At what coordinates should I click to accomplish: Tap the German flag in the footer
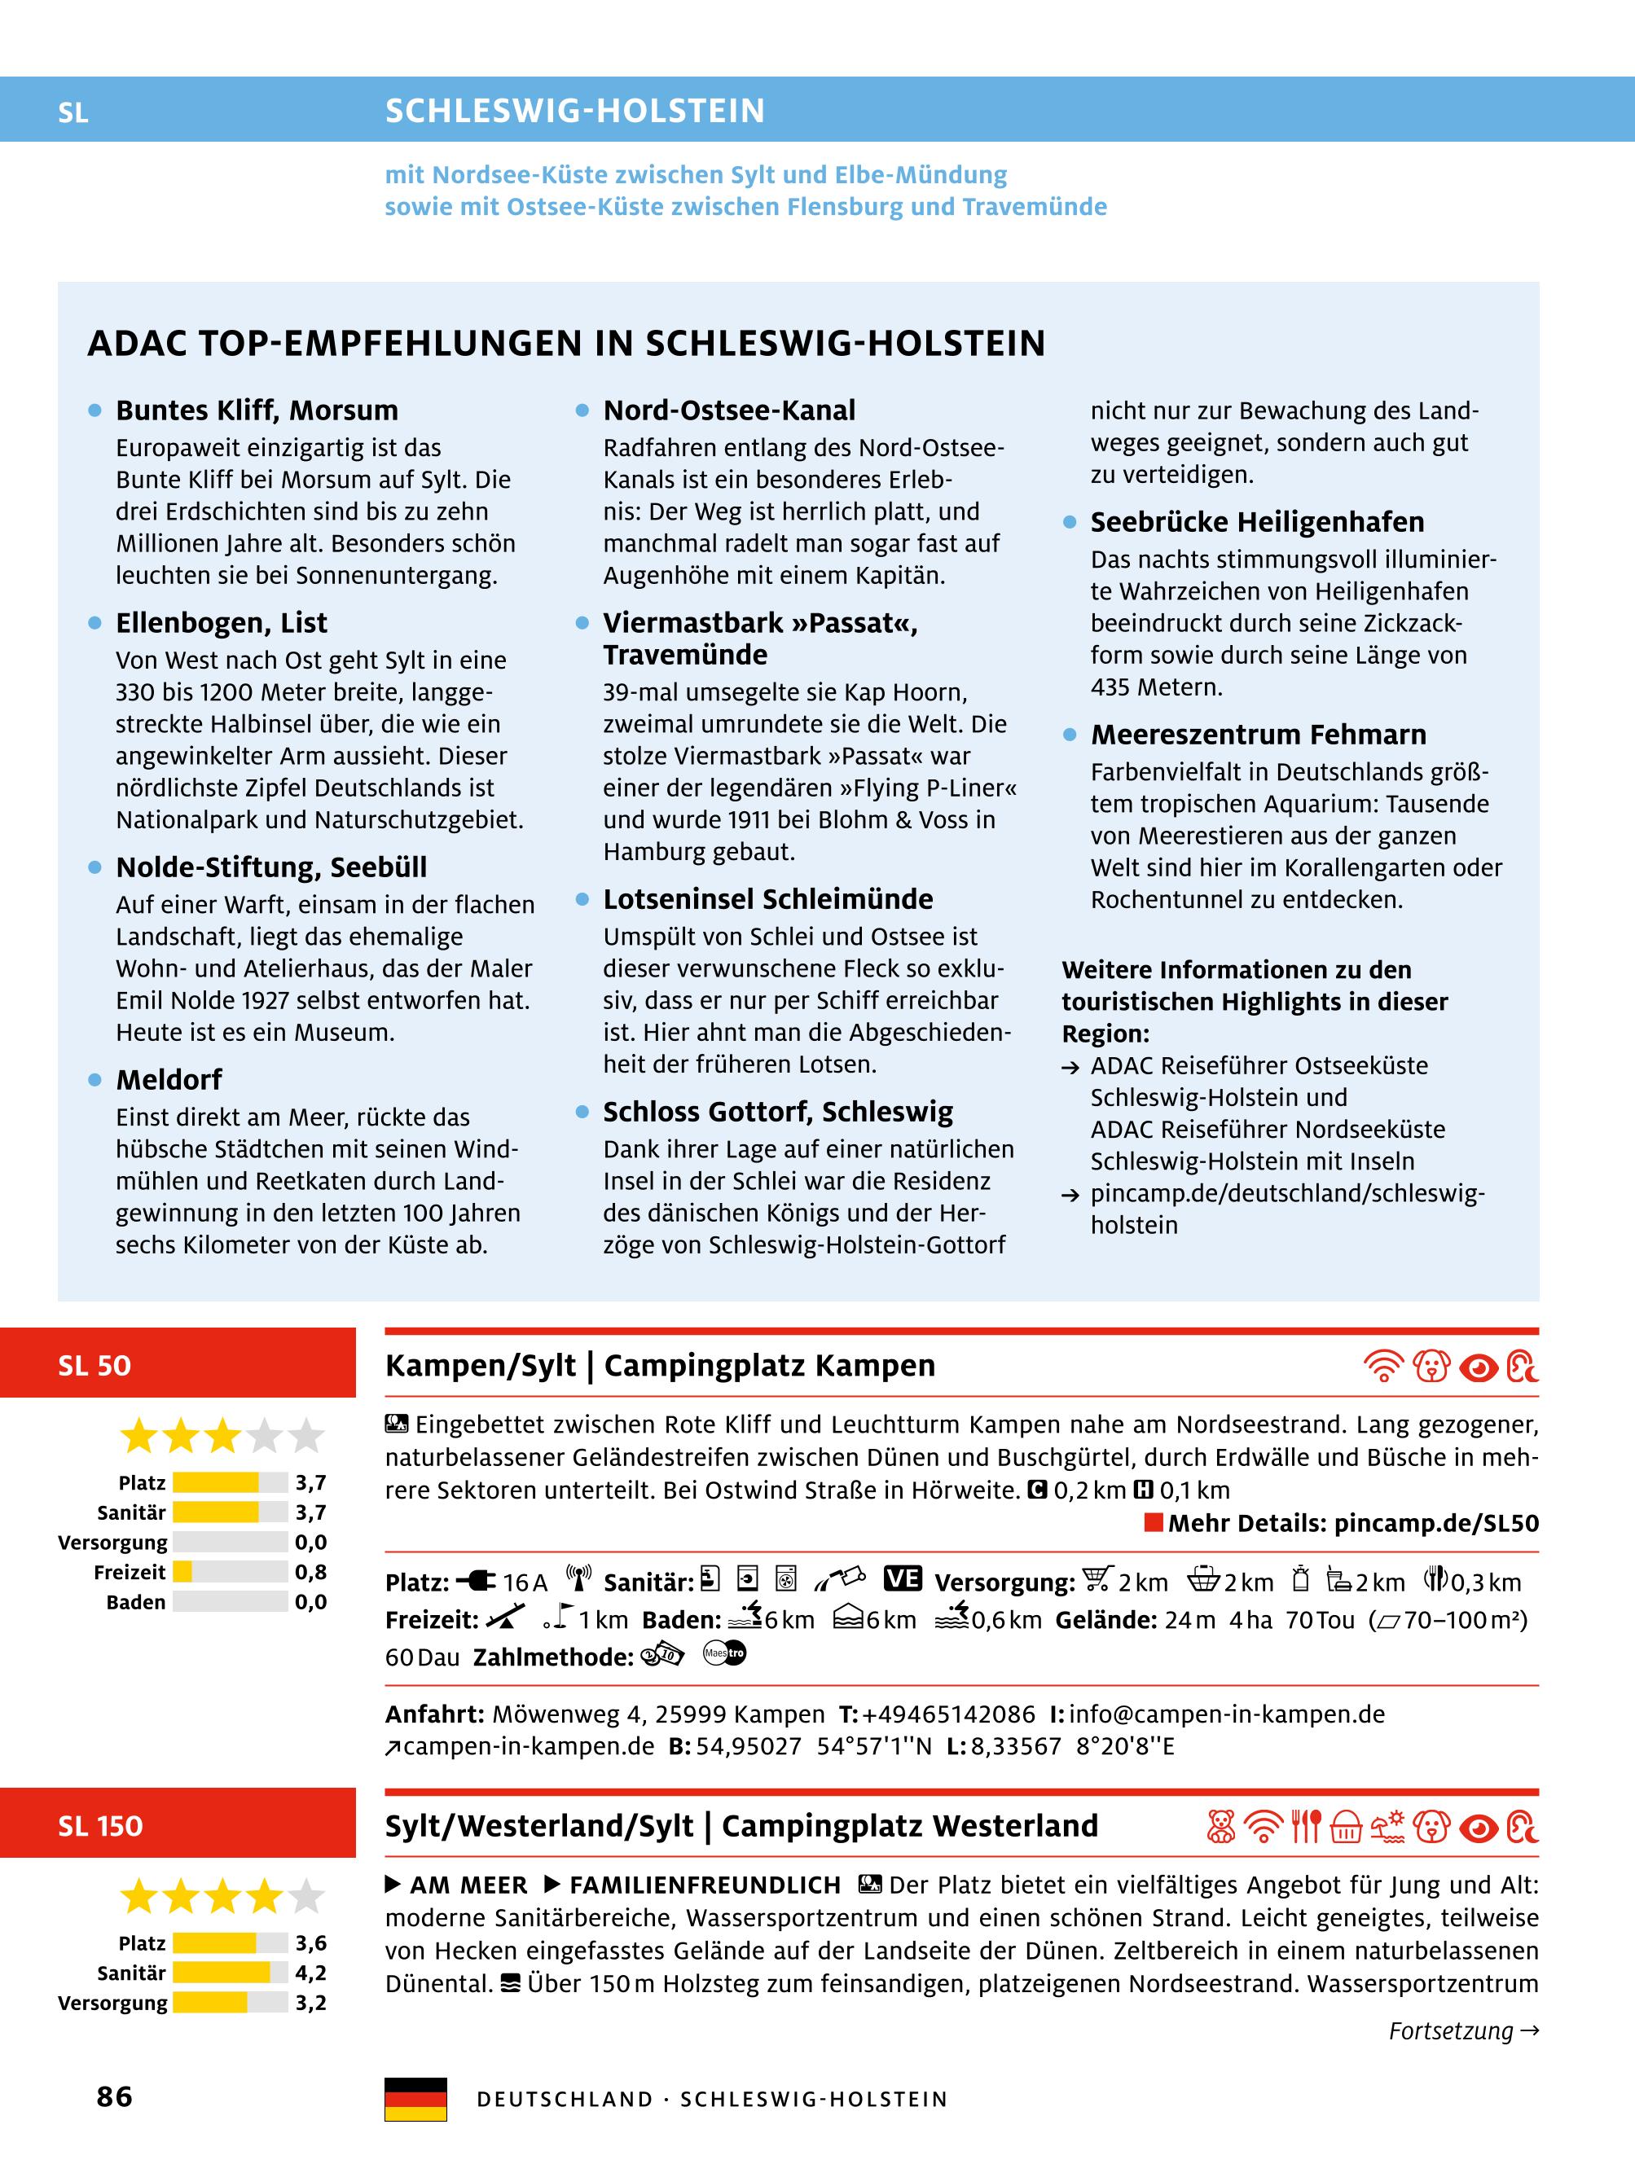pos(415,2099)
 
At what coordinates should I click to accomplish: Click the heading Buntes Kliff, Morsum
pos(257,410)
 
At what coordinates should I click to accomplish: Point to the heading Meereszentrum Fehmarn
pos(1257,734)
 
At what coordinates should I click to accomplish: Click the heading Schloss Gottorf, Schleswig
pos(777,1112)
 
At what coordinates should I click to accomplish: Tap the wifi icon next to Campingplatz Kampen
pos(1382,1366)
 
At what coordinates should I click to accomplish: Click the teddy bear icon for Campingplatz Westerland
pos(1220,1827)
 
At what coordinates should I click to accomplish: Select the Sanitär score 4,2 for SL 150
pos(310,1973)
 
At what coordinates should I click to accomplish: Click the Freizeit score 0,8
pos(310,1572)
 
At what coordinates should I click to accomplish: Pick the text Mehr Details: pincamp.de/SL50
pos(1352,1523)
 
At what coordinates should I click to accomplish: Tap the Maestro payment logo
pos(724,1653)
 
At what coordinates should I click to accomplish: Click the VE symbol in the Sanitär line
pos(901,1579)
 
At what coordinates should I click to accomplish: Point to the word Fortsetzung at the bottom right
pos(1450,2031)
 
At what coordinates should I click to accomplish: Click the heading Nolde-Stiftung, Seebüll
pos(271,867)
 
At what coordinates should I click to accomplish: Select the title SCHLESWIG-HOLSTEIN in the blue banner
pos(574,111)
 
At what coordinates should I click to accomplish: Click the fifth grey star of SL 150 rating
pos(306,1897)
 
